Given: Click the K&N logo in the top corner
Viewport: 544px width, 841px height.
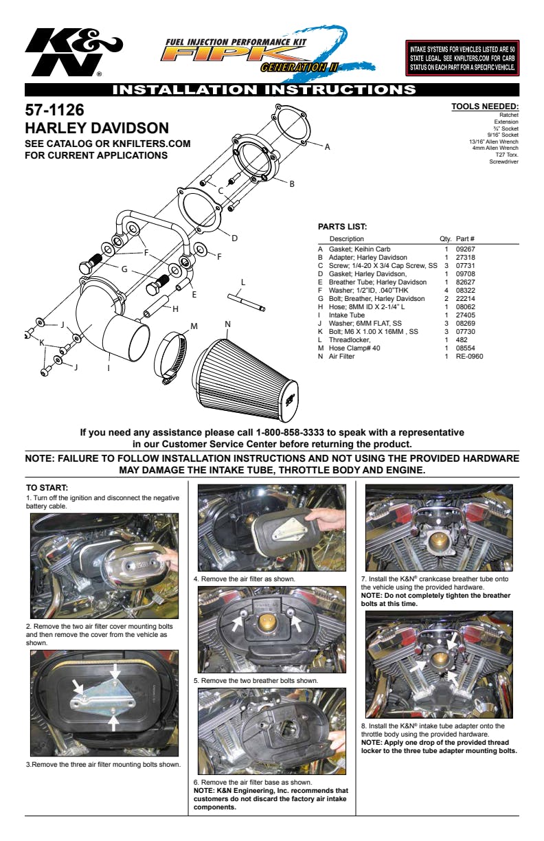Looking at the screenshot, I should [72, 52].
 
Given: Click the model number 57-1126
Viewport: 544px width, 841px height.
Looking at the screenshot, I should [54, 111].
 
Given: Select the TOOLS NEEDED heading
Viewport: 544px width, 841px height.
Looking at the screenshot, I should [484, 106].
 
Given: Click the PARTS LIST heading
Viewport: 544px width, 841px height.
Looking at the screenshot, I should [342, 226].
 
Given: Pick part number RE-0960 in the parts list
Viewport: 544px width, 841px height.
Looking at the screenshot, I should [469, 357].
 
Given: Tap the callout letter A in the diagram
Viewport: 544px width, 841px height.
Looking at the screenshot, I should [327, 146].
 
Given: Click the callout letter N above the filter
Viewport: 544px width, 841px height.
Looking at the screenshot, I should [227, 324].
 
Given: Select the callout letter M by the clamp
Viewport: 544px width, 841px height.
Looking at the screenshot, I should [194, 325].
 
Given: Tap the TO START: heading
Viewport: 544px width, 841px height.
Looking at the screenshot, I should [47, 488].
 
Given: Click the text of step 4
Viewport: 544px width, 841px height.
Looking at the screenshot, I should [245, 579].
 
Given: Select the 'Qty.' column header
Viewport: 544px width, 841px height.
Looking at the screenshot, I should [445, 238].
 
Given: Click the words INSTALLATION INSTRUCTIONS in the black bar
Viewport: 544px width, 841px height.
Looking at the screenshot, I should [264, 89].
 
